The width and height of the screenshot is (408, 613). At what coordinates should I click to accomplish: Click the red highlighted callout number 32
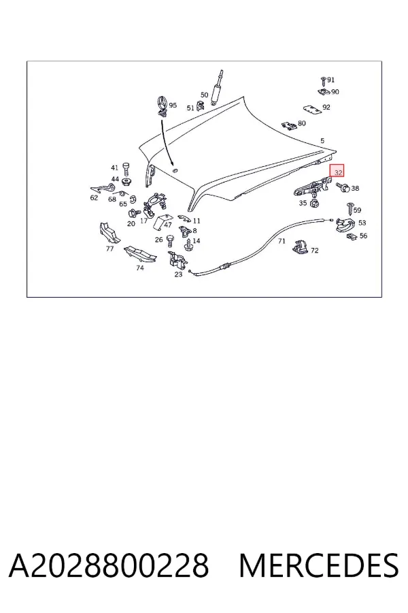[x=338, y=172]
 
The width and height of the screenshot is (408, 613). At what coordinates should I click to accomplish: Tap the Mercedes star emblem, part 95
[x=162, y=105]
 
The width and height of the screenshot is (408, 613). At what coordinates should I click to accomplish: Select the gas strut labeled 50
[x=217, y=87]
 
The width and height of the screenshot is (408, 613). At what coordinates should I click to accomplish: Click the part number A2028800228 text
[x=109, y=565]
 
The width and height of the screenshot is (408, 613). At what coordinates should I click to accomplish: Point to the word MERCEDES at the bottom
[x=319, y=565]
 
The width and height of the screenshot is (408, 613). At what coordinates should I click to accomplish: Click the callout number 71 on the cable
[x=282, y=241]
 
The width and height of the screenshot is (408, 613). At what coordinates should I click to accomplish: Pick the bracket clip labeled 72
[x=301, y=247]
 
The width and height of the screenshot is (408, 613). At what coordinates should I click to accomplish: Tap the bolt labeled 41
[x=126, y=170]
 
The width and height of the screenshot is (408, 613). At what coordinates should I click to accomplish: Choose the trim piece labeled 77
[x=109, y=233]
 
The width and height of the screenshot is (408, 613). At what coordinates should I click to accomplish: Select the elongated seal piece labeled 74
[x=140, y=254]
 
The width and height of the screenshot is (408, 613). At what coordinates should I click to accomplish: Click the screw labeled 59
[x=350, y=208]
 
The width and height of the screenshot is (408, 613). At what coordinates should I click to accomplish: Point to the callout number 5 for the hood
[x=322, y=141]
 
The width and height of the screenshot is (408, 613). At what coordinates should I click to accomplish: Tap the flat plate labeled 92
[x=312, y=110]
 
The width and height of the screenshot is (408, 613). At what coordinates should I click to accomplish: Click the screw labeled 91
[x=323, y=81]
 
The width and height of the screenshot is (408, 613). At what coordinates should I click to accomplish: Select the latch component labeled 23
[x=177, y=260]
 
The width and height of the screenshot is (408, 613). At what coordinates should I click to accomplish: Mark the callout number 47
[x=168, y=225]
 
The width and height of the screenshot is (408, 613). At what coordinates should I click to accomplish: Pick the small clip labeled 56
[x=352, y=236]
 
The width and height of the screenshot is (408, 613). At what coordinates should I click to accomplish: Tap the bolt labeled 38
[x=343, y=188]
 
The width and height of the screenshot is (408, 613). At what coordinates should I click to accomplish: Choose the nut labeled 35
[x=313, y=204]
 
